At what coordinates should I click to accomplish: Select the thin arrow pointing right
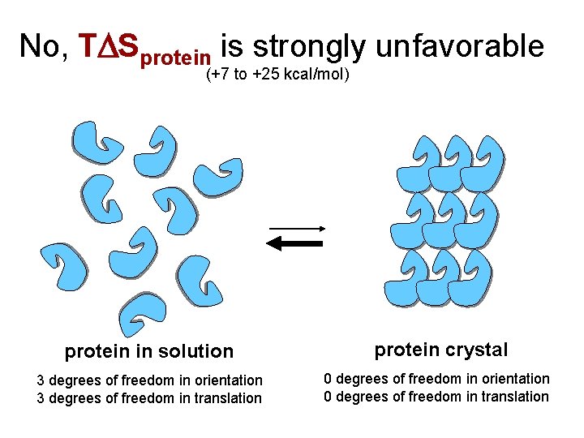(296, 228)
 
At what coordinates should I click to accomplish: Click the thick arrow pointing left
(295, 243)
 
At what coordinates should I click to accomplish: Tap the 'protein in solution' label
(149, 351)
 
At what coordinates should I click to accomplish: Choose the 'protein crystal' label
(441, 350)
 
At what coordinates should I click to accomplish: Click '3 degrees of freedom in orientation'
(150, 380)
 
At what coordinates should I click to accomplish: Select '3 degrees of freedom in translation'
(150, 398)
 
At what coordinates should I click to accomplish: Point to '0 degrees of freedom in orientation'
(436, 379)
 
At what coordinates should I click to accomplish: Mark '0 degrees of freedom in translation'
(436, 397)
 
